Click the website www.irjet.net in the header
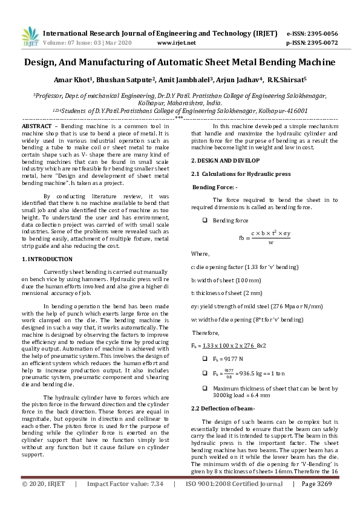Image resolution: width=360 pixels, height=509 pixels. pos(176,43)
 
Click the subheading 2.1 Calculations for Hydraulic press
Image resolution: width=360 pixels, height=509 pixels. pos(233,174)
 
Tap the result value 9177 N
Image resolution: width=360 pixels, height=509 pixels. pos(233,358)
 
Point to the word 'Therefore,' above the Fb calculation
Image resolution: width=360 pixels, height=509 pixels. pos(205,332)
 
